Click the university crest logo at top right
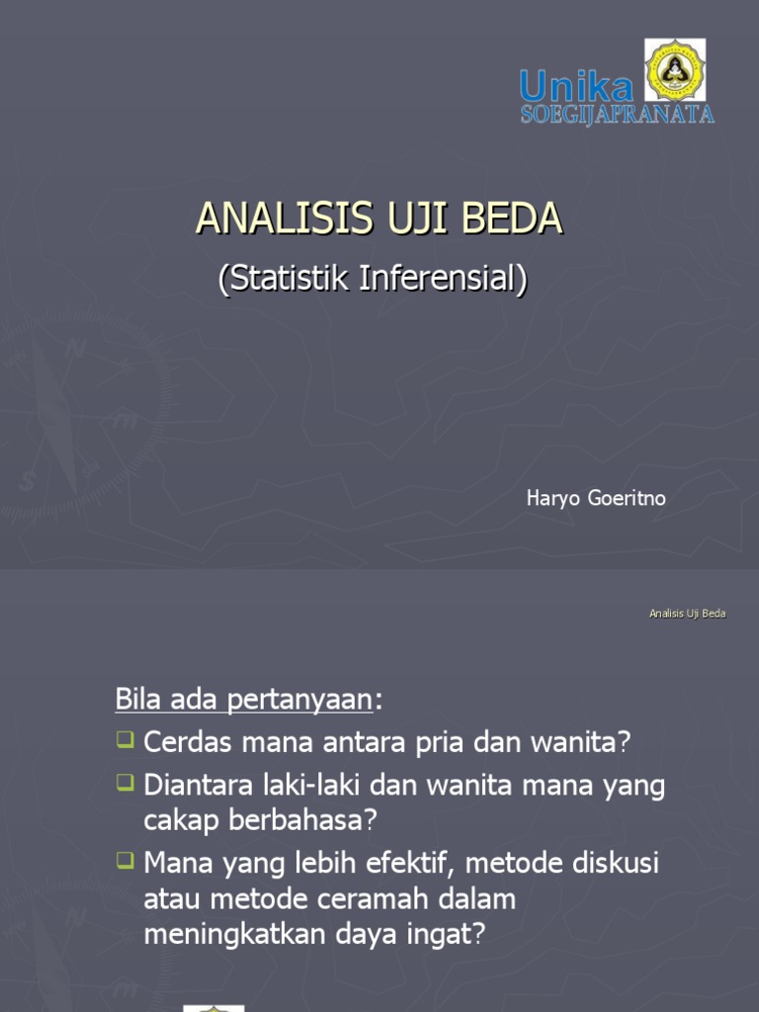tap(675, 69)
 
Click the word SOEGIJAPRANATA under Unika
tap(617, 115)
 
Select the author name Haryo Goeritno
tap(595, 498)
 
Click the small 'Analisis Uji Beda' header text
tap(687, 614)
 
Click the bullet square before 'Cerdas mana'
tap(125, 738)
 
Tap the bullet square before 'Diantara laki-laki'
tap(125, 782)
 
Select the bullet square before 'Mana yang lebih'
tap(125, 860)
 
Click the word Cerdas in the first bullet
tap(181, 741)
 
